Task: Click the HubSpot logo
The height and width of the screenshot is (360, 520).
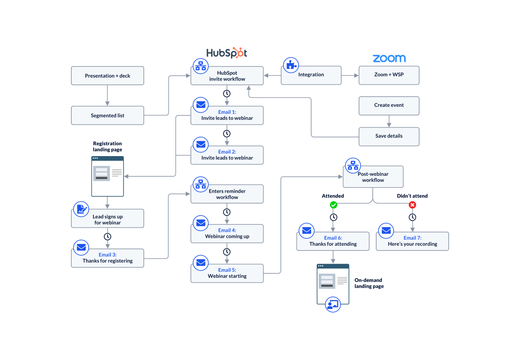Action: (226, 53)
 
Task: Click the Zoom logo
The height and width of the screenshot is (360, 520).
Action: (389, 59)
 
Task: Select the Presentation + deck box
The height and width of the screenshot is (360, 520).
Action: (108, 76)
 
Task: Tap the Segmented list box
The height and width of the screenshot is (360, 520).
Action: (108, 115)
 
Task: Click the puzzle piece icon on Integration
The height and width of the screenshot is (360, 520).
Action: (291, 65)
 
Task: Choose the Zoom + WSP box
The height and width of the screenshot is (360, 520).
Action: (389, 75)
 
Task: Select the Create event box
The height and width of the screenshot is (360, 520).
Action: (389, 106)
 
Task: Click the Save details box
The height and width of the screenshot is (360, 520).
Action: (389, 136)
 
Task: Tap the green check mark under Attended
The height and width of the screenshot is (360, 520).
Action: (334, 205)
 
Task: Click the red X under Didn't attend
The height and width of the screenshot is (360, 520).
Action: (412, 205)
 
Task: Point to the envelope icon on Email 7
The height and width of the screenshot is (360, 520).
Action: (386, 231)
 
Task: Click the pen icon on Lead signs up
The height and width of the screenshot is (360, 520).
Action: (81, 209)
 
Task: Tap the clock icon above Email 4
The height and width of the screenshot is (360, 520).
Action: (227, 212)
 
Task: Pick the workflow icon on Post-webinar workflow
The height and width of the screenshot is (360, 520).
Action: (353, 165)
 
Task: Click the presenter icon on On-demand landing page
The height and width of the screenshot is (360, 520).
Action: (332, 304)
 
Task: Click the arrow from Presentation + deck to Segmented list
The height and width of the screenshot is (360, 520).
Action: (108, 96)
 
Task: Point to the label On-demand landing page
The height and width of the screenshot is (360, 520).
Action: (369, 283)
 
